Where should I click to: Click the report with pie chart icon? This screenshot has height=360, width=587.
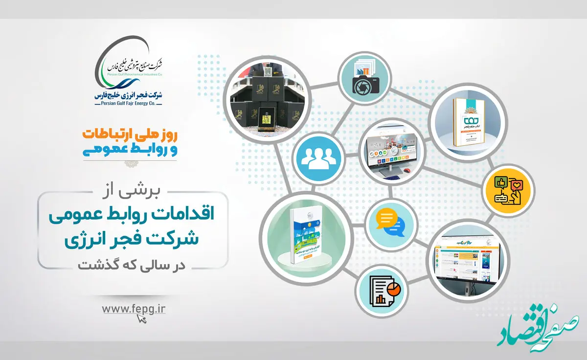(x=382, y=292)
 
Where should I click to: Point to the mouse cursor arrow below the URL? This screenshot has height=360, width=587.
(x=142, y=319)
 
